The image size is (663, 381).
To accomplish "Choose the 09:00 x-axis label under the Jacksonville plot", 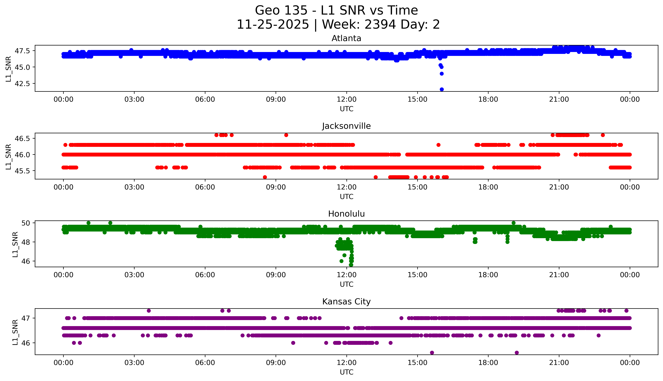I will coord(276,187).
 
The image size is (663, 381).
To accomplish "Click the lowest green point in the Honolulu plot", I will coord(351,265).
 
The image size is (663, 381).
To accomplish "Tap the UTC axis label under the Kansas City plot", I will coord(346,372).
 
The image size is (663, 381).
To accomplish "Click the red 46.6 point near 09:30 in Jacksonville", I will coord(286,135).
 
